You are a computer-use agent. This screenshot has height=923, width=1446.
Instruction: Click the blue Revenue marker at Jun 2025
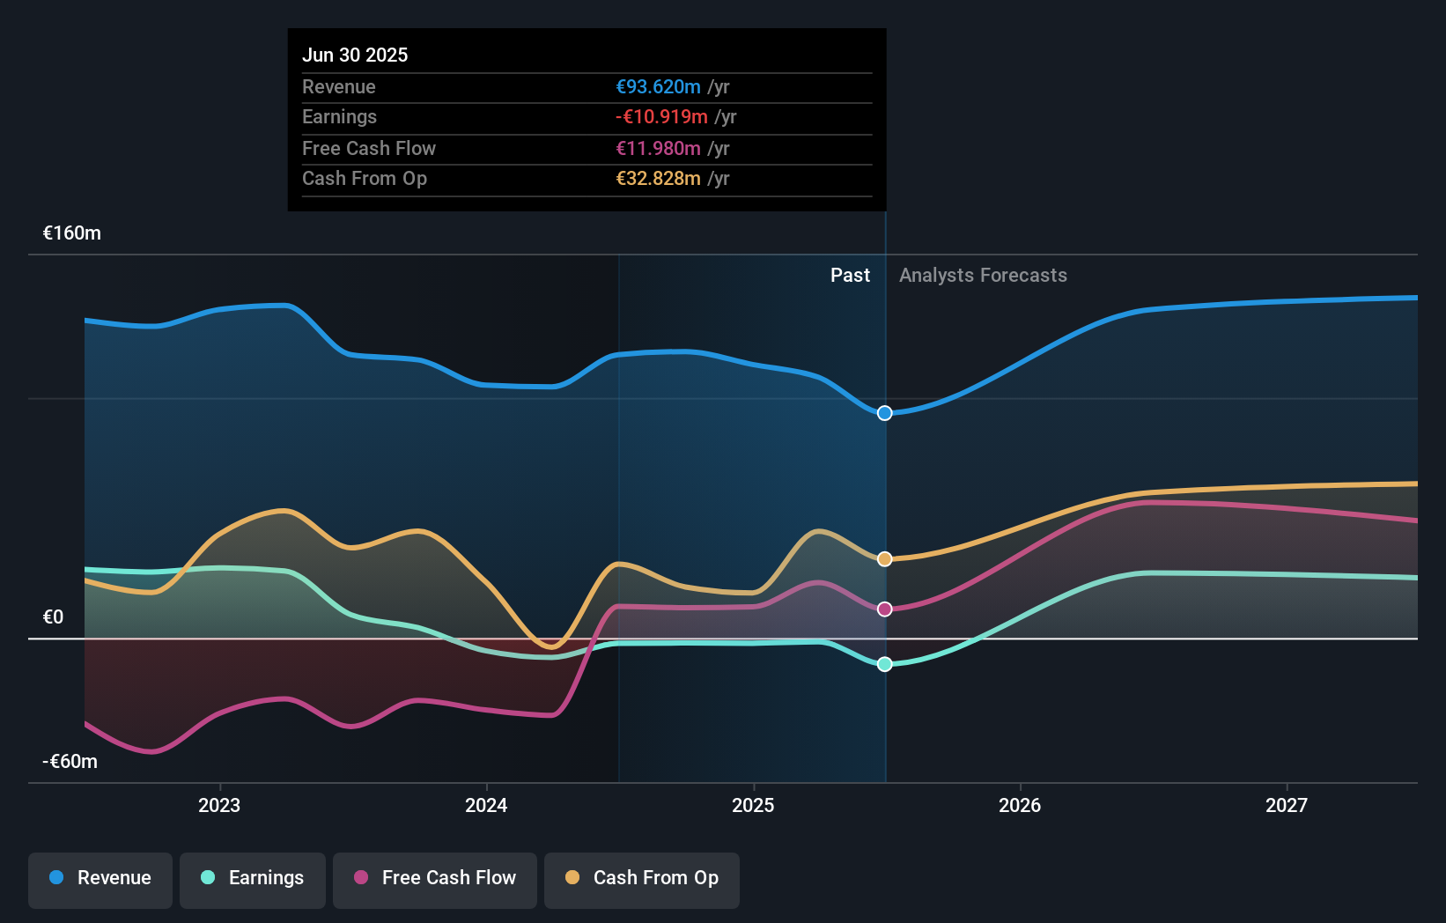(885, 413)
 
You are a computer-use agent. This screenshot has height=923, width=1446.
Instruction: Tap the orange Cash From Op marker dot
(885, 559)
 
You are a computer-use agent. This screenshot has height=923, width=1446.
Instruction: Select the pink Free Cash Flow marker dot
(885, 609)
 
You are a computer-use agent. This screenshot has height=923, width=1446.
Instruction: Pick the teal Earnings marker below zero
(885, 664)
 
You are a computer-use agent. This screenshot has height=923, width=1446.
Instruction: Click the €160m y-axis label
(72, 233)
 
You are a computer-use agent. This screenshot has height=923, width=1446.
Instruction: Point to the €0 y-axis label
(53, 617)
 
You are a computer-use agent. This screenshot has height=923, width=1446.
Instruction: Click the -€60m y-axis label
(70, 762)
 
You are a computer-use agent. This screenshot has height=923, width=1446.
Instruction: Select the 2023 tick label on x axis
(219, 806)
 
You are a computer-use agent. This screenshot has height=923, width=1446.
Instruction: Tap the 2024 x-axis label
(486, 806)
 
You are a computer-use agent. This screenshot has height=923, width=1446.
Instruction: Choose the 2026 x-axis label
(1020, 806)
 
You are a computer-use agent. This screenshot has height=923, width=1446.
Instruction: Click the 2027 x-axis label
(1287, 806)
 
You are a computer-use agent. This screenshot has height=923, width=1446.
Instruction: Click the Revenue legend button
(100, 878)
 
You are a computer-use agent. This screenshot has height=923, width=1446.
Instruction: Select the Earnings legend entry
(253, 878)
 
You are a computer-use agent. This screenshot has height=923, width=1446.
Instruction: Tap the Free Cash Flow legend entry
(435, 878)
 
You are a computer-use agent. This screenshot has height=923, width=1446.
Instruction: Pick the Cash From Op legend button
(642, 878)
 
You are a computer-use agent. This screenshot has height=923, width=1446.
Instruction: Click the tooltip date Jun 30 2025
(355, 55)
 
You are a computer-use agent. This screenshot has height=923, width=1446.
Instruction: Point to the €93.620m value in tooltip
(658, 87)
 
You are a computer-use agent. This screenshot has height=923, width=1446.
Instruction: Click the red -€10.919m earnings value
(661, 117)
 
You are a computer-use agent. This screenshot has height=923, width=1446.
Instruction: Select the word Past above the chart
(850, 276)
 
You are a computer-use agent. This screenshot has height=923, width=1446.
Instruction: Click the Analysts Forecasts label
(983, 276)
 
